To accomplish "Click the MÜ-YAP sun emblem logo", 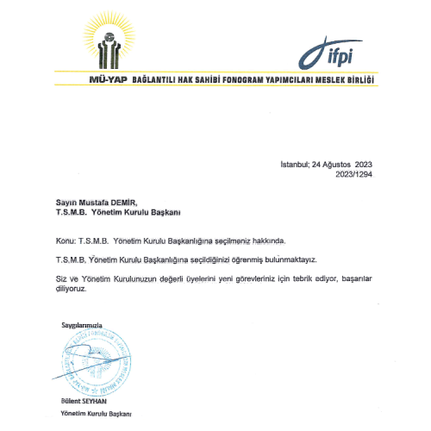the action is point(111,43).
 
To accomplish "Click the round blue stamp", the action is point(96,363).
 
